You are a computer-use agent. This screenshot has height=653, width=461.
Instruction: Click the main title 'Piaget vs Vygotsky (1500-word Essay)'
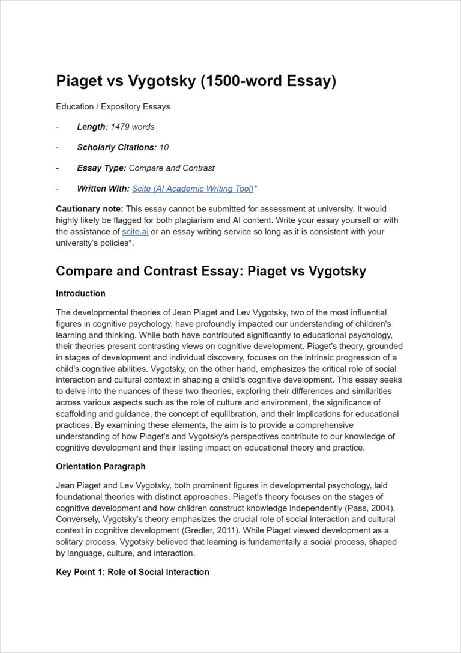coord(196,81)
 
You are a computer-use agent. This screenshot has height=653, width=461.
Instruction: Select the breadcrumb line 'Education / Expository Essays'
coord(113,106)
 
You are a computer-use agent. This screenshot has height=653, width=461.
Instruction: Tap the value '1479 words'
coord(133,127)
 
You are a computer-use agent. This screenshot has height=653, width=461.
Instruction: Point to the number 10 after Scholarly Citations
coord(164,147)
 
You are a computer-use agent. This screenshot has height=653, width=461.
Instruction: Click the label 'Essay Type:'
coord(101,168)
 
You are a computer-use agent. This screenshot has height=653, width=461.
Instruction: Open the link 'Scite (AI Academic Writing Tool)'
coord(193,189)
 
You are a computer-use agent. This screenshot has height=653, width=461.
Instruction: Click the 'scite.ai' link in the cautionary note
coord(135,231)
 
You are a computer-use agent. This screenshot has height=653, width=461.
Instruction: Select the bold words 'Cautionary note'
coord(89,209)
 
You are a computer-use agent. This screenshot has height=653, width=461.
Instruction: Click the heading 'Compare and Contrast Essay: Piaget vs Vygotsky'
coord(211,271)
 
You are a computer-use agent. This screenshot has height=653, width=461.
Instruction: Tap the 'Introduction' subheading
coord(80,294)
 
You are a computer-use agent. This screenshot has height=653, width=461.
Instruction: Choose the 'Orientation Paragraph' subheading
coord(100,466)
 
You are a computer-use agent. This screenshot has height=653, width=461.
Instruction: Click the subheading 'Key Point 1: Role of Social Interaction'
coord(133,572)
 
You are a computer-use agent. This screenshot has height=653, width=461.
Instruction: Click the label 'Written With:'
coord(103,189)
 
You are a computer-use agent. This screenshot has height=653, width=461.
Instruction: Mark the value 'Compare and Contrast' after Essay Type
coord(172,168)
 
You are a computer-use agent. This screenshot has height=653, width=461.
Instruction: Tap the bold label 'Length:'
coord(92,127)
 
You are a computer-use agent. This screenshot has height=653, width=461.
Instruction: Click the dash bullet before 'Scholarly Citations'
coord(58,147)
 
